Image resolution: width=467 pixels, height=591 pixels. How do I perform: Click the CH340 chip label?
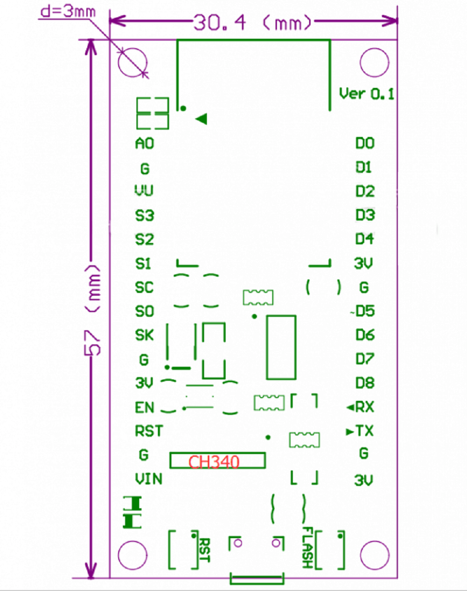click(x=214, y=462)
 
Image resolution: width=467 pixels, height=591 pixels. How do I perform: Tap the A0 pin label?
click(x=145, y=143)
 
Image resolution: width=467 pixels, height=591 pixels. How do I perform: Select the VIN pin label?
click(x=149, y=479)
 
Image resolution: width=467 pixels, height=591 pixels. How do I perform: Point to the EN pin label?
click(x=144, y=407)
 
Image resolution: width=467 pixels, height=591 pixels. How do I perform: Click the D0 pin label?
click(x=365, y=143)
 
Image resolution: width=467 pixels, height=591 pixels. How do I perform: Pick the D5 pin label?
click(x=365, y=311)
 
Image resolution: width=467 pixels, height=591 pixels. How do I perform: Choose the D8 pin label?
click(x=365, y=383)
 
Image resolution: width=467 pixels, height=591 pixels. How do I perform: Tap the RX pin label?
click(x=365, y=407)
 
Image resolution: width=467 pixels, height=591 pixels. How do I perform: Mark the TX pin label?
click(x=365, y=431)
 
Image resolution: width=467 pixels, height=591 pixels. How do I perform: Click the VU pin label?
click(x=144, y=190)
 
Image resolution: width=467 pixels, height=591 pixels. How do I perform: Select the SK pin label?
click(x=144, y=335)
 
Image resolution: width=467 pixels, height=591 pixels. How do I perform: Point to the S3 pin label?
click(x=145, y=215)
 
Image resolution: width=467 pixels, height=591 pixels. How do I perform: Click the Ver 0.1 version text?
click(x=367, y=94)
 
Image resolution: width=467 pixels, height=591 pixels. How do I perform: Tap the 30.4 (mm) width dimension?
click(x=252, y=22)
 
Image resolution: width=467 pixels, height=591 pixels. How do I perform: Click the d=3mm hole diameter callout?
click(x=68, y=12)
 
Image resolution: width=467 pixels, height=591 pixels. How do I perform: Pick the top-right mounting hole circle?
click(x=375, y=48)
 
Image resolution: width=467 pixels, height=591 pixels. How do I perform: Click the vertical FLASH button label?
click(x=308, y=548)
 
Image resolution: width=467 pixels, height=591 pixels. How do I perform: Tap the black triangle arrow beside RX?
click(x=351, y=407)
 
